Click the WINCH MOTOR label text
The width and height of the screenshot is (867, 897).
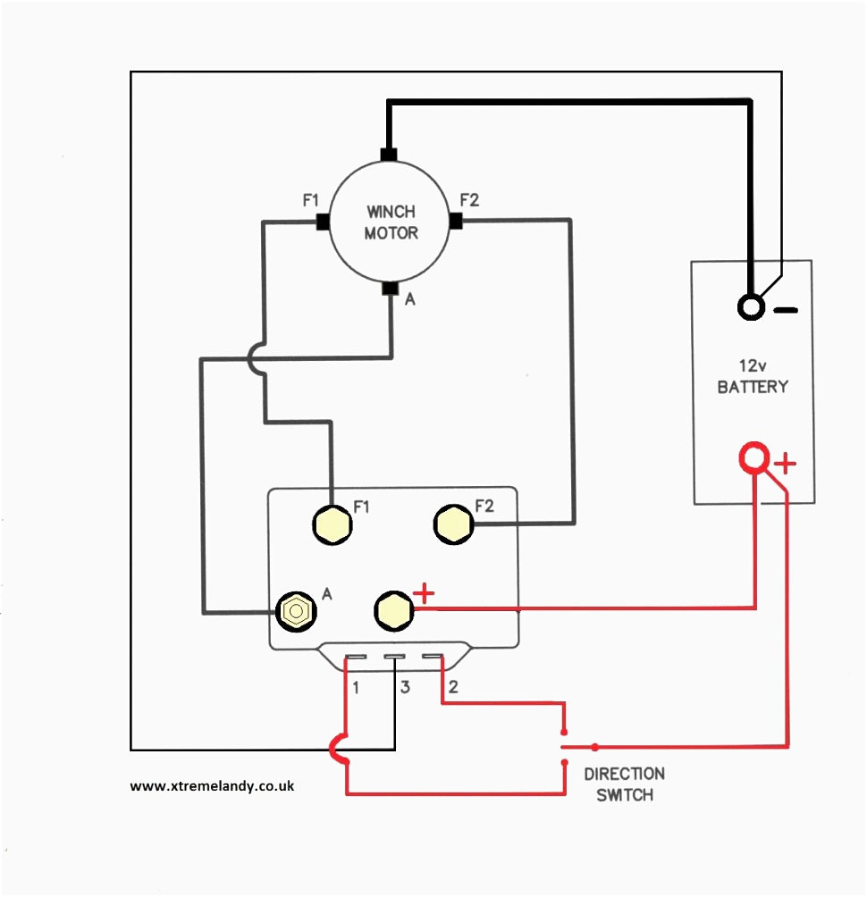[x=391, y=222]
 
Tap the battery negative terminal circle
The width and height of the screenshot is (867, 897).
[x=751, y=307]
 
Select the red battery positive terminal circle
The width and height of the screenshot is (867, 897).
[x=754, y=457]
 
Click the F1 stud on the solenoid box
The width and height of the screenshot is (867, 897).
[x=332, y=524]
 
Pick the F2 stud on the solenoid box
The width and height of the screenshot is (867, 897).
[x=453, y=524]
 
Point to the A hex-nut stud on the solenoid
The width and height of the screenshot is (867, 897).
[x=296, y=611]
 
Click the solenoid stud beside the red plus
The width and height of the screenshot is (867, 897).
[x=394, y=610]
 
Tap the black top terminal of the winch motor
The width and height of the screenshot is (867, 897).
[x=389, y=155]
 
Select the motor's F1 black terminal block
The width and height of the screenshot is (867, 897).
[x=323, y=222]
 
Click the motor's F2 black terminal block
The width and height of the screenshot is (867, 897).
[x=456, y=221]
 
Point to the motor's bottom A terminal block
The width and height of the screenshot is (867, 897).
[x=391, y=289]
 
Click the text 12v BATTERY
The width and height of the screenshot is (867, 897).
[x=753, y=376]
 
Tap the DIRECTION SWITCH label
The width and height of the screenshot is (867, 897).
[x=625, y=784]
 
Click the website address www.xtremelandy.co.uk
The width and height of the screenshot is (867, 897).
[x=212, y=786]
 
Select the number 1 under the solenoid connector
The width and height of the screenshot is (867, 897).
[x=356, y=688]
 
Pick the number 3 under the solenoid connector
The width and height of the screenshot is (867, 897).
[x=405, y=687]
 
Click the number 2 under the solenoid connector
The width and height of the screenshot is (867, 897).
[x=453, y=686]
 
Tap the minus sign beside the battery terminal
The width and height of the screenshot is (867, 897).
[x=786, y=310]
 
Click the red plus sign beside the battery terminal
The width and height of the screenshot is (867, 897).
[x=785, y=463]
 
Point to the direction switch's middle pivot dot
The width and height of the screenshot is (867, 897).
[x=595, y=747]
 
